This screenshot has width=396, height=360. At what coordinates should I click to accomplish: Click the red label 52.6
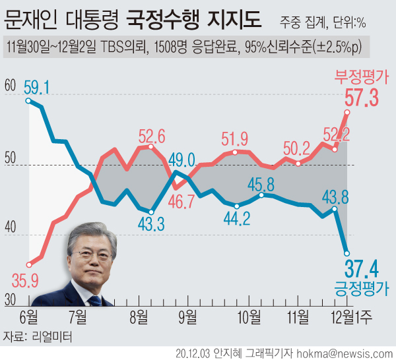(x=152, y=136)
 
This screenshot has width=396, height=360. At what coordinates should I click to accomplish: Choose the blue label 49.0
(x=181, y=160)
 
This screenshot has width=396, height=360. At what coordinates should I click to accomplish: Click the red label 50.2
(x=296, y=149)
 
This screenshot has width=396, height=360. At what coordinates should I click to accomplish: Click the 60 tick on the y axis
(x=9, y=86)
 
